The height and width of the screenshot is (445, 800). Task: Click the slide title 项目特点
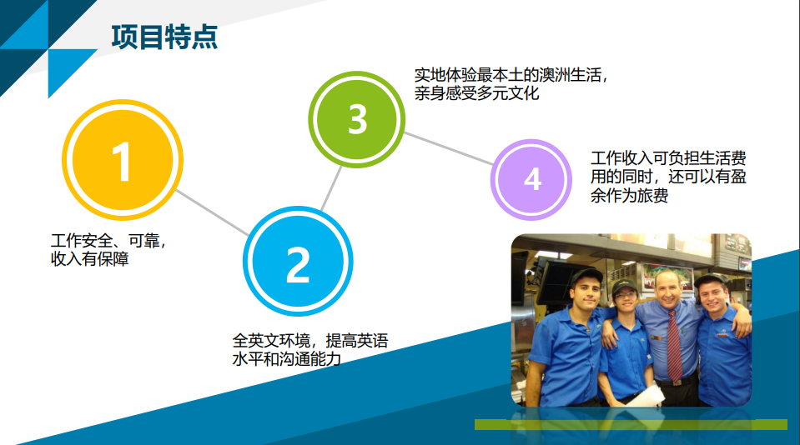(164, 37)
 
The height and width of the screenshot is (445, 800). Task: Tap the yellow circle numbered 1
(123, 160)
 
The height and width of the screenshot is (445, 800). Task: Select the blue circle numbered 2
(298, 261)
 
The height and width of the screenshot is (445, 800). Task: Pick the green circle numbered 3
(357, 119)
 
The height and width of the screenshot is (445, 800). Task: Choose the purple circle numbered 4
(531, 179)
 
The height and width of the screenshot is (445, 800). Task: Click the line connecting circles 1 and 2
(212, 212)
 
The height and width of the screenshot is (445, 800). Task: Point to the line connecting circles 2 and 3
(332, 187)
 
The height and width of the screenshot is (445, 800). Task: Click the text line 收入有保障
(89, 259)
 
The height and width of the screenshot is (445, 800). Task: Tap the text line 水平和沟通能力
(286, 359)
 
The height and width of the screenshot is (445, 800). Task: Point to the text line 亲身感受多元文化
(476, 93)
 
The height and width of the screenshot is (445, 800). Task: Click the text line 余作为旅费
(629, 195)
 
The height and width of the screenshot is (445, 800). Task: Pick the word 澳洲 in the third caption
(554, 75)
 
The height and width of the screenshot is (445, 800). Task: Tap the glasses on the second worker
(625, 295)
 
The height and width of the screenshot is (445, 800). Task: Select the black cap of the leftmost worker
(586, 277)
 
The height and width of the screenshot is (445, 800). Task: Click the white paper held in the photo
(646, 396)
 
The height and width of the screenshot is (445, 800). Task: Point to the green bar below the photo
(631, 424)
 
